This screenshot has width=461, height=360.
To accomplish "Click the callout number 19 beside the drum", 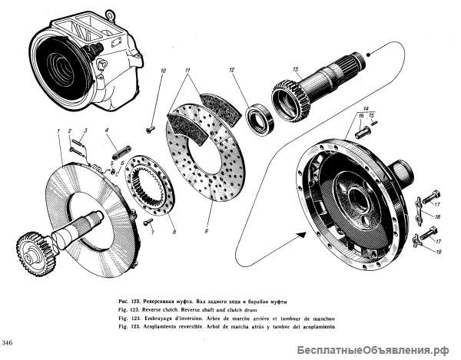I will [436, 251].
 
